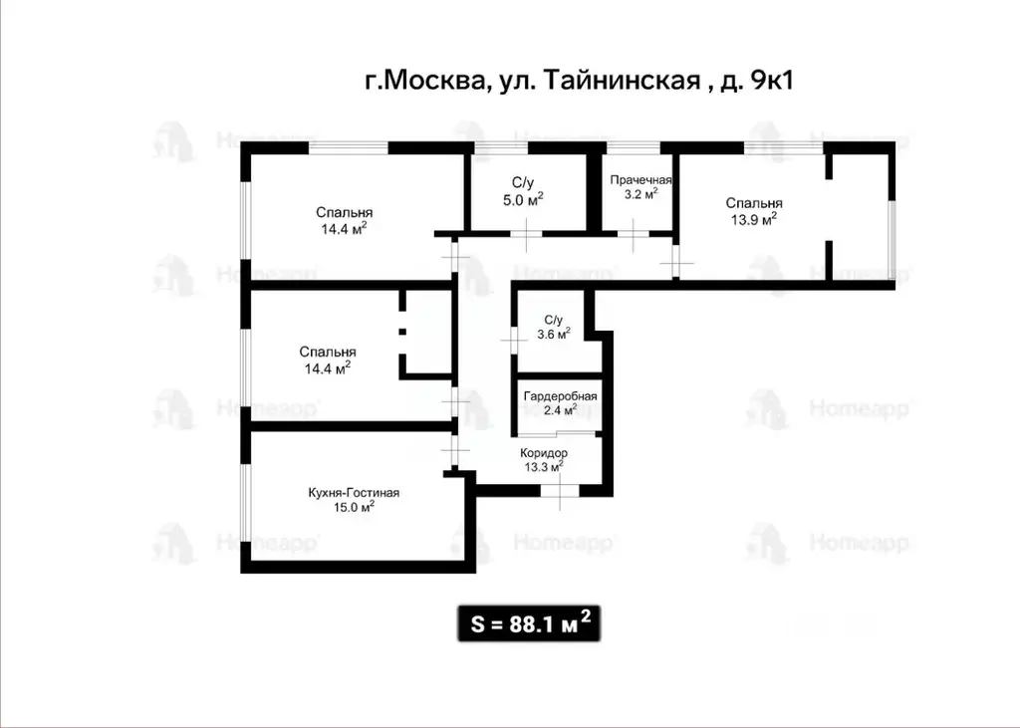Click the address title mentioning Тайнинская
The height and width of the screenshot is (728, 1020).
coord(578,82)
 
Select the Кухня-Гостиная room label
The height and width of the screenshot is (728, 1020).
coord(354,492)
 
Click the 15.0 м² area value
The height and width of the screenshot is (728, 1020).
coord(354,507)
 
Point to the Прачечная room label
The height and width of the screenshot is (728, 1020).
coord(640,180)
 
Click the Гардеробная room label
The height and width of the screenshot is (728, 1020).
coord(560,396)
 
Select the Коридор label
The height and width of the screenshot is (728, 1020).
coord(543,452)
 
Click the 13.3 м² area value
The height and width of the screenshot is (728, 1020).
coord(543,465)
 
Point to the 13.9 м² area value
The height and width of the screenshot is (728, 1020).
coord(753,220)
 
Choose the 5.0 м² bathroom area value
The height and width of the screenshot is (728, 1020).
coord(523,199)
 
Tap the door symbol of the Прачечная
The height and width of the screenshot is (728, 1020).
coord(634,235)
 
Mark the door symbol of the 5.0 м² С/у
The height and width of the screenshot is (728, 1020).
coord(527,234)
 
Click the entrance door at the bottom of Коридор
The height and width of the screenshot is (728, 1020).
coord(559,490)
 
